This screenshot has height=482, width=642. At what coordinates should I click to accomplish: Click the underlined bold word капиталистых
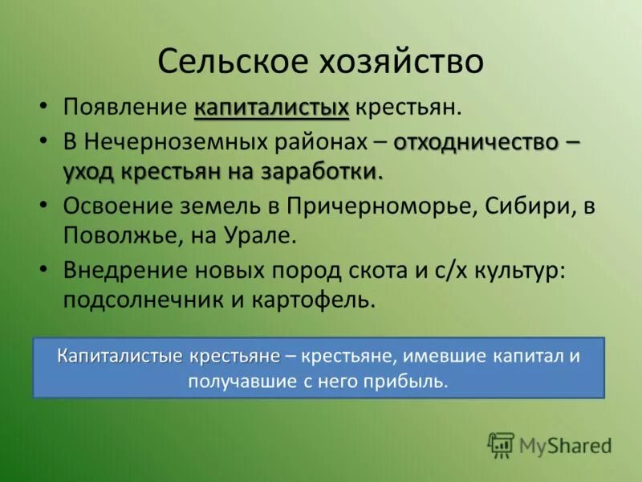click(x=272, y=107)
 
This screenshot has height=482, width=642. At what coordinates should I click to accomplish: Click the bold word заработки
click(x=323, y=172)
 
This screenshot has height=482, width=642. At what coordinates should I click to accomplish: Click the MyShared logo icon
click(x=501, y=444)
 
